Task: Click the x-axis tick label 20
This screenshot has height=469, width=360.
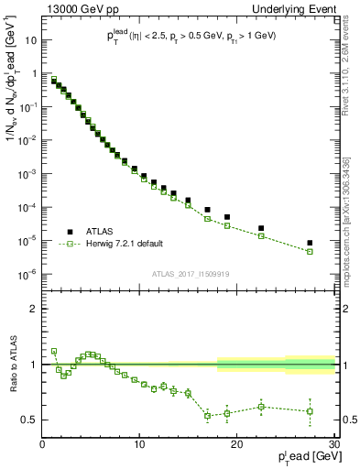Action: coord(236,446)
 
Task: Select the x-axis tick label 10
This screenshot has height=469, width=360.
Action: coord(139,446)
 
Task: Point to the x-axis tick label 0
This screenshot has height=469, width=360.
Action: coord(43,446)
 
